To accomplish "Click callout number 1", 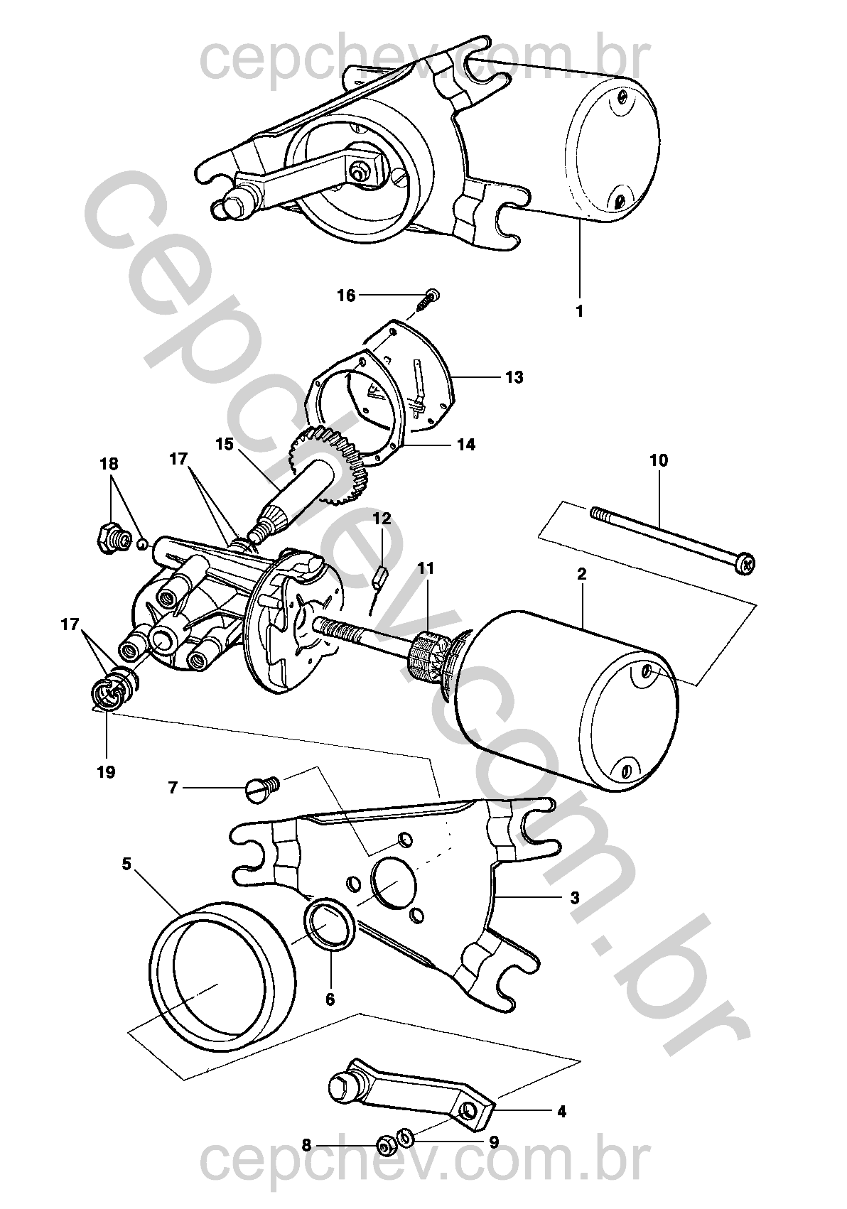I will pyautogui.click(x=579, y=311).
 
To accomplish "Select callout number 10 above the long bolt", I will pyautogui.click(x=659, y=460).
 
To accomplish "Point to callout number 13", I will pyautogui.click(x=514, y=377).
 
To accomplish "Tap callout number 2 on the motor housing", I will pyautogui.click(x=582, y=574).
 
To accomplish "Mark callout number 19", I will pyautogui.click(x=106, y=772).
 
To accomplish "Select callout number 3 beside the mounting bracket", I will pyautogui.click(x=574, y=898).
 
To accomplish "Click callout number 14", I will pyautogui.click(x=466, y=445).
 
